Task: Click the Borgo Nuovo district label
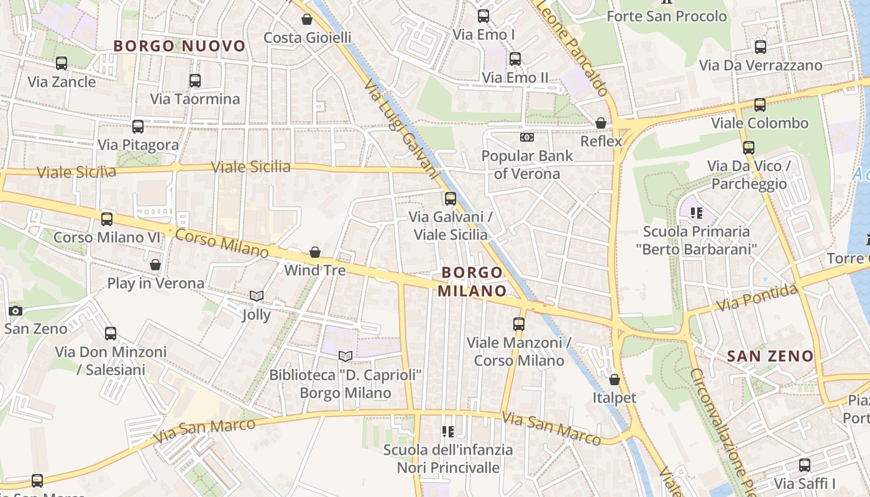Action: click(180, 46)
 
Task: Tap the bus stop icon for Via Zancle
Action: click(62, 63)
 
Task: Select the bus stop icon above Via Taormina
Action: click(195, 80)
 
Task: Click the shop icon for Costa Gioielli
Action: click(307, 19)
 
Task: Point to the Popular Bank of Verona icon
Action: click(527, 137)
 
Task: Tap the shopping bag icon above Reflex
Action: click(601, 123)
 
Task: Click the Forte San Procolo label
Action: click(667, 16)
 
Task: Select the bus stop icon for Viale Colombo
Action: click(760, 104)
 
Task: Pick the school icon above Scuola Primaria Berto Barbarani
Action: click(696, 213)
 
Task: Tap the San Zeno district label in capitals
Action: click(770, 356)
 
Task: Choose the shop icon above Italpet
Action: click(615, 379)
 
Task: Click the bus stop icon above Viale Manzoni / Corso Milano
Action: click(519, 324)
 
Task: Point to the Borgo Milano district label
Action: click(472, 281)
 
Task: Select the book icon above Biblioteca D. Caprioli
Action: click(346, 356)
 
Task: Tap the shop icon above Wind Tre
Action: click(315, 252)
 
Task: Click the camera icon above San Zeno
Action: click(16, 311)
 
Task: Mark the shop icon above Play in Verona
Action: click(155, 265)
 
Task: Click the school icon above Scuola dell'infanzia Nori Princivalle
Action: click(447, 431)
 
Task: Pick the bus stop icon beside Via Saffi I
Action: click(805, 465)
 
